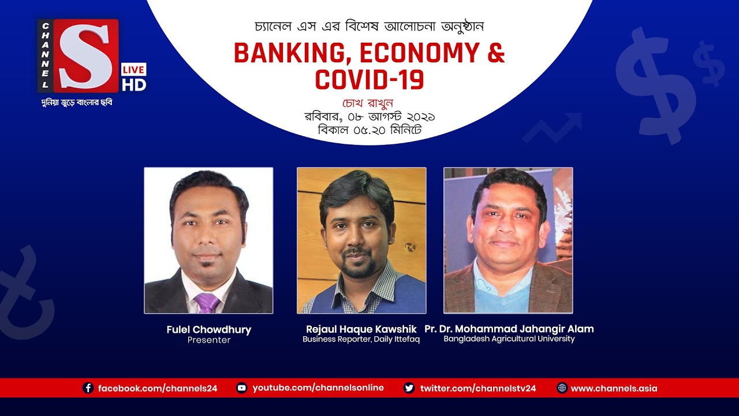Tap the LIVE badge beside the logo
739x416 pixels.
(133, 69)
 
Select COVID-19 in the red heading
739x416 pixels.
(369, 80)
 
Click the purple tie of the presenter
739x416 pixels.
(207, 302)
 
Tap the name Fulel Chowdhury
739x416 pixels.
(208, 329)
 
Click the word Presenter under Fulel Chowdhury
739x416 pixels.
(208, 340)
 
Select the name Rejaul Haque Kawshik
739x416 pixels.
(361, 329)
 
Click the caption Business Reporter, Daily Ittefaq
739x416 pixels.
(361, 339)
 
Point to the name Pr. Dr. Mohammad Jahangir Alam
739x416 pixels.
(509, 329)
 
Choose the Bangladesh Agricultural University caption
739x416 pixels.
(509, 339)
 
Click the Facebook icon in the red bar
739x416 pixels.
(88, 388)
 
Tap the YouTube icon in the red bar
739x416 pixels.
(242, 388)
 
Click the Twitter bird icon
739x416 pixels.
(409, 388)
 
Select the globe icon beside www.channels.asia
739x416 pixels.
(562, 388)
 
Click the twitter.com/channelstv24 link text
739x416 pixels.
(478, 388)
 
